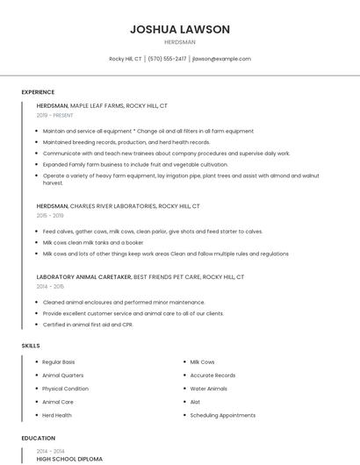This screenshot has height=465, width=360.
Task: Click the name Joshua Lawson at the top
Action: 180,29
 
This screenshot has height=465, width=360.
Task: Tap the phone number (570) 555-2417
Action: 167,59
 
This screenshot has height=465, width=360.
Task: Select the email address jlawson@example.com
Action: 221,59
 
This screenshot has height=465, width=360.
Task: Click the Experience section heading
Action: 38,92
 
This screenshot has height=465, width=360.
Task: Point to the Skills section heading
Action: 31,346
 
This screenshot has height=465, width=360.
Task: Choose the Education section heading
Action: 38,438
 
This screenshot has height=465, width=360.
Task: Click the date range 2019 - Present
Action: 55,115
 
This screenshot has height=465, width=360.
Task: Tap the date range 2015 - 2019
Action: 50,215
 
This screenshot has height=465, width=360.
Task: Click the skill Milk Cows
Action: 202,362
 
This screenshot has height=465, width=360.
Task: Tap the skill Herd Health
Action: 57,415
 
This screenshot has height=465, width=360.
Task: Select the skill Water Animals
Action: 208,389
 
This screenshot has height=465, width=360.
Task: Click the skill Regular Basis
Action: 58,362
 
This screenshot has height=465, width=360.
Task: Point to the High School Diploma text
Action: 69,459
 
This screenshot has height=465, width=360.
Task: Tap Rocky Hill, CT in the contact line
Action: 126,59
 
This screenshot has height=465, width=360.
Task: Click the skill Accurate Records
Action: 212,376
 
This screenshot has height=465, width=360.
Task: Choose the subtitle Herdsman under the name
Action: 180,42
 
